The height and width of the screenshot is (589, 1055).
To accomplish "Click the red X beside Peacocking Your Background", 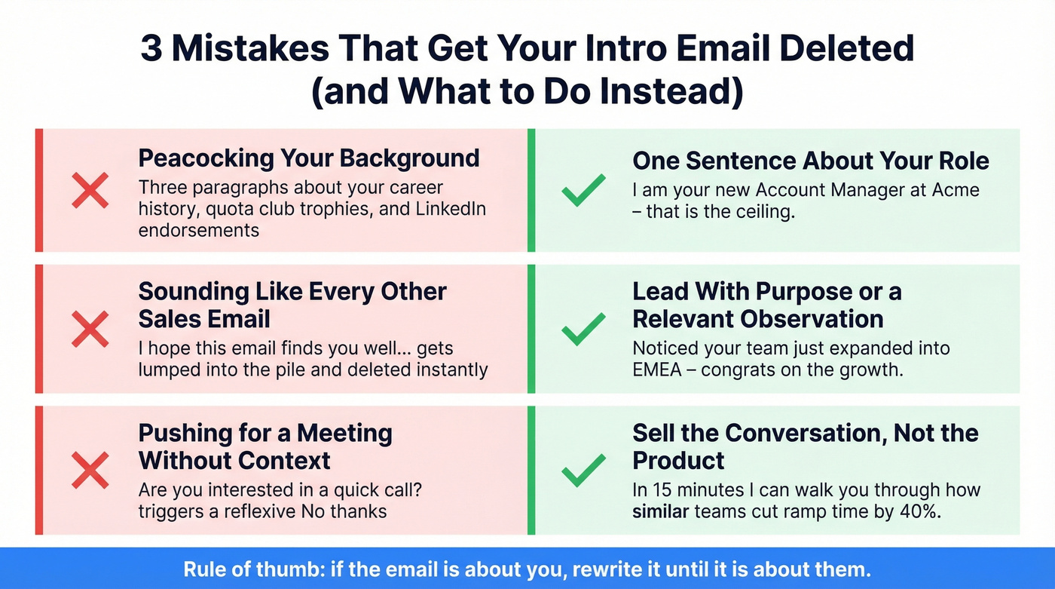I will tap(90, 189).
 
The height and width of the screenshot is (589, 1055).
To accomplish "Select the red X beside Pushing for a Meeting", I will tap(90, 470).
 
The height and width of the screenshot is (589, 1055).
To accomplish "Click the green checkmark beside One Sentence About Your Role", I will tap(583, 190).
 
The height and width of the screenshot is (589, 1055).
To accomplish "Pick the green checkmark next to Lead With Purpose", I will tap(583, 330).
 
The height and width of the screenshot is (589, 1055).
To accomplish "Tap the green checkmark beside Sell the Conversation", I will tap(583, 470).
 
